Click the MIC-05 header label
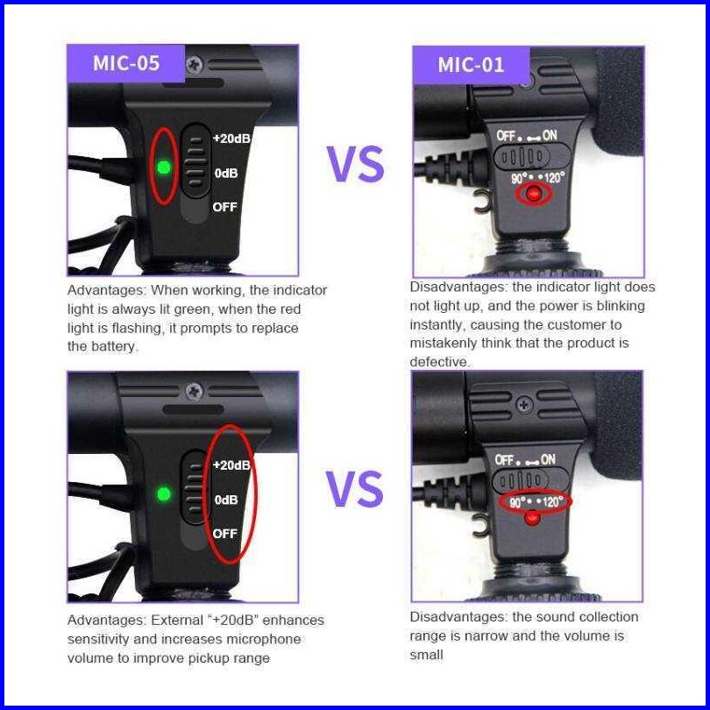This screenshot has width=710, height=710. pos(126,63)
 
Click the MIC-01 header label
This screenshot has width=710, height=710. pos(471,65)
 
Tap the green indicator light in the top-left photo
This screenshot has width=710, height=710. pos(163,167)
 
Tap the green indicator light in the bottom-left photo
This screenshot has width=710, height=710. pos(163,494)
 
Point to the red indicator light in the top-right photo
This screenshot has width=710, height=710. pos(534,194)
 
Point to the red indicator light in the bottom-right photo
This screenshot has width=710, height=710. pos(532,519)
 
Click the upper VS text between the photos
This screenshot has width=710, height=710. pos(355,164)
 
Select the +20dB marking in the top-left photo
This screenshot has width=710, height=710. pos(231,138)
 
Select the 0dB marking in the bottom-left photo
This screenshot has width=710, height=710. pos(226,500)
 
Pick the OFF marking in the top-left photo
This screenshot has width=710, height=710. pos(225,207)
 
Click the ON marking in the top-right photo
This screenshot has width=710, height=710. pos(550,135)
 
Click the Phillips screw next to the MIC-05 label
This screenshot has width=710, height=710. pos(195,64)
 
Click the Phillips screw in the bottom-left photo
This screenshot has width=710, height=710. pos(195,391)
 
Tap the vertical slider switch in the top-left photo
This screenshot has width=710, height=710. pos(195,161)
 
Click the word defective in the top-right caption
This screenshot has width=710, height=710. pos(440,362)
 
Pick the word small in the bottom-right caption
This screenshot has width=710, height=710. pos(426,655)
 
